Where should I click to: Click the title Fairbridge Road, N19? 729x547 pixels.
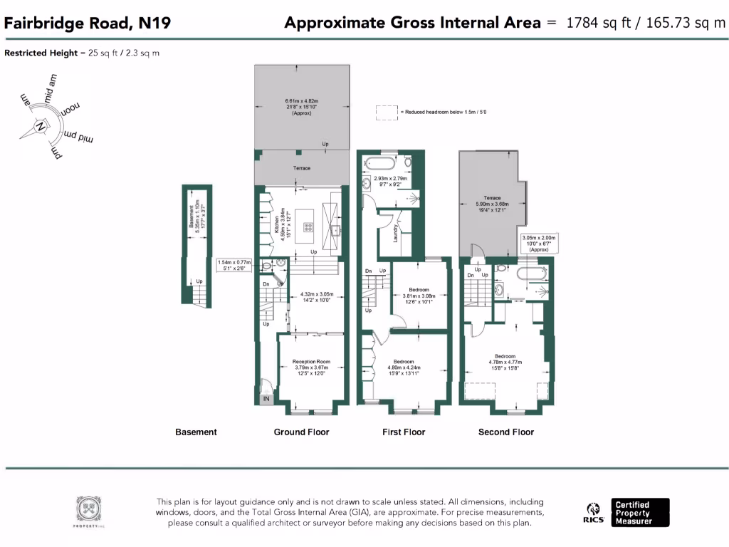pos(88,24)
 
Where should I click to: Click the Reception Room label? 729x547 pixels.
pos(312,362)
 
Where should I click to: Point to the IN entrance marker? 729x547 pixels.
pos(267,400)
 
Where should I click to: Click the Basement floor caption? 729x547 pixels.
pos(196,432)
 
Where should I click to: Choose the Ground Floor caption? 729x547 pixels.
pos(301,432)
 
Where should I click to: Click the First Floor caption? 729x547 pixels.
pos(404,432)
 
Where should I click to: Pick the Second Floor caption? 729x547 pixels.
pos(505,432)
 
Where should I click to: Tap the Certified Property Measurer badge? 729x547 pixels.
pos(641,513)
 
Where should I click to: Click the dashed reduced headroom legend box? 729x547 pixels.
pos(387,113)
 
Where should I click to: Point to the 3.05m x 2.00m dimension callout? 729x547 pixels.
pos(538,244)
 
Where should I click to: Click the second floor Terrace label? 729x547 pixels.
pos(492,198)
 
